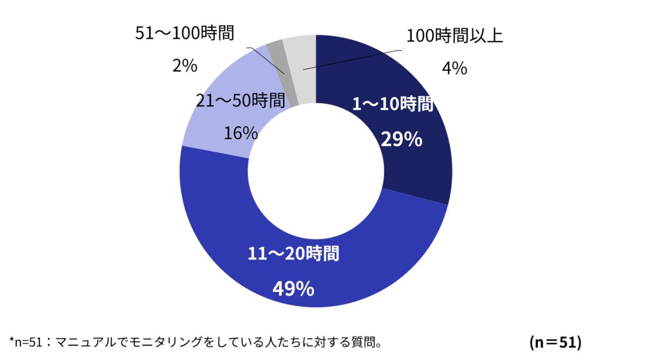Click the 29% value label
(401, 140)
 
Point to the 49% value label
(293, 289)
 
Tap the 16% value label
(241, 133)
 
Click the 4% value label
(455, 69)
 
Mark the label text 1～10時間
(393, 105)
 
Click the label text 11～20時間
(294, 253)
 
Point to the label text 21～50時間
(240, 100)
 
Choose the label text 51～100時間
(184, 33)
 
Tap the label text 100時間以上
(455, 36)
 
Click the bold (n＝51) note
(555, 342)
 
